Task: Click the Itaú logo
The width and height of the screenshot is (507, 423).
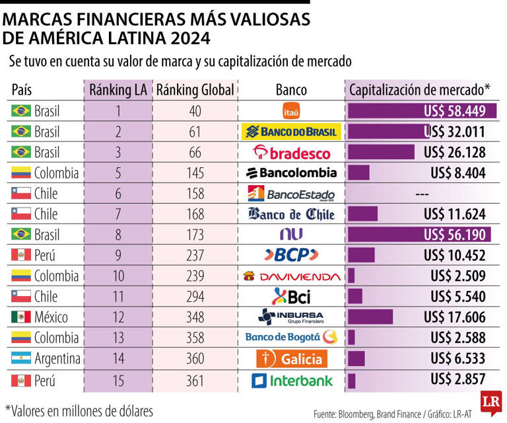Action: click(291, 110)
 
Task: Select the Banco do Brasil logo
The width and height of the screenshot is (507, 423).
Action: click(291, 132)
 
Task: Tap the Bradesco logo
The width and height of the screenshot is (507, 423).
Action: click(291, 153)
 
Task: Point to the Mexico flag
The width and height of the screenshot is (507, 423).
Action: click(21, 317)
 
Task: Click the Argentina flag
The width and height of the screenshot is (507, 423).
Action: click(21, 359)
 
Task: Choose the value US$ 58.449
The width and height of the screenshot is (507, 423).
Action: click(455, 110)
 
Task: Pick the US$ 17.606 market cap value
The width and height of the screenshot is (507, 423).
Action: click(455, 317)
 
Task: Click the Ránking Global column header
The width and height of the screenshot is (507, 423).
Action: click(195, 90)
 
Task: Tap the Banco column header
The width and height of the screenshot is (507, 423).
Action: click(291, 90)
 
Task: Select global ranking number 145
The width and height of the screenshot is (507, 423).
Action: click(195, 173)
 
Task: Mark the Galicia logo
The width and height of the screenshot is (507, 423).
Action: click(291, 359)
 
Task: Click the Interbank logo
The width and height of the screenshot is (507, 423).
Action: click(291, 380)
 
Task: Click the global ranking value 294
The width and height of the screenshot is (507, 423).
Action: click(195, 297)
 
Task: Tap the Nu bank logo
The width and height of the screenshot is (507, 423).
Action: click(291, 235)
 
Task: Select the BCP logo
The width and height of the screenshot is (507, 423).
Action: click(291, 255)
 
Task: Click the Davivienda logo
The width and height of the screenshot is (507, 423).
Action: click(291, 276)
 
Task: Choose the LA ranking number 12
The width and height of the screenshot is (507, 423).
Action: click(119, 317)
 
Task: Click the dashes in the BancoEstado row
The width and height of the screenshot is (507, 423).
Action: click(423, 194)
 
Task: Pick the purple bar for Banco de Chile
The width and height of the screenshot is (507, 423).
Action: click(362, 214)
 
